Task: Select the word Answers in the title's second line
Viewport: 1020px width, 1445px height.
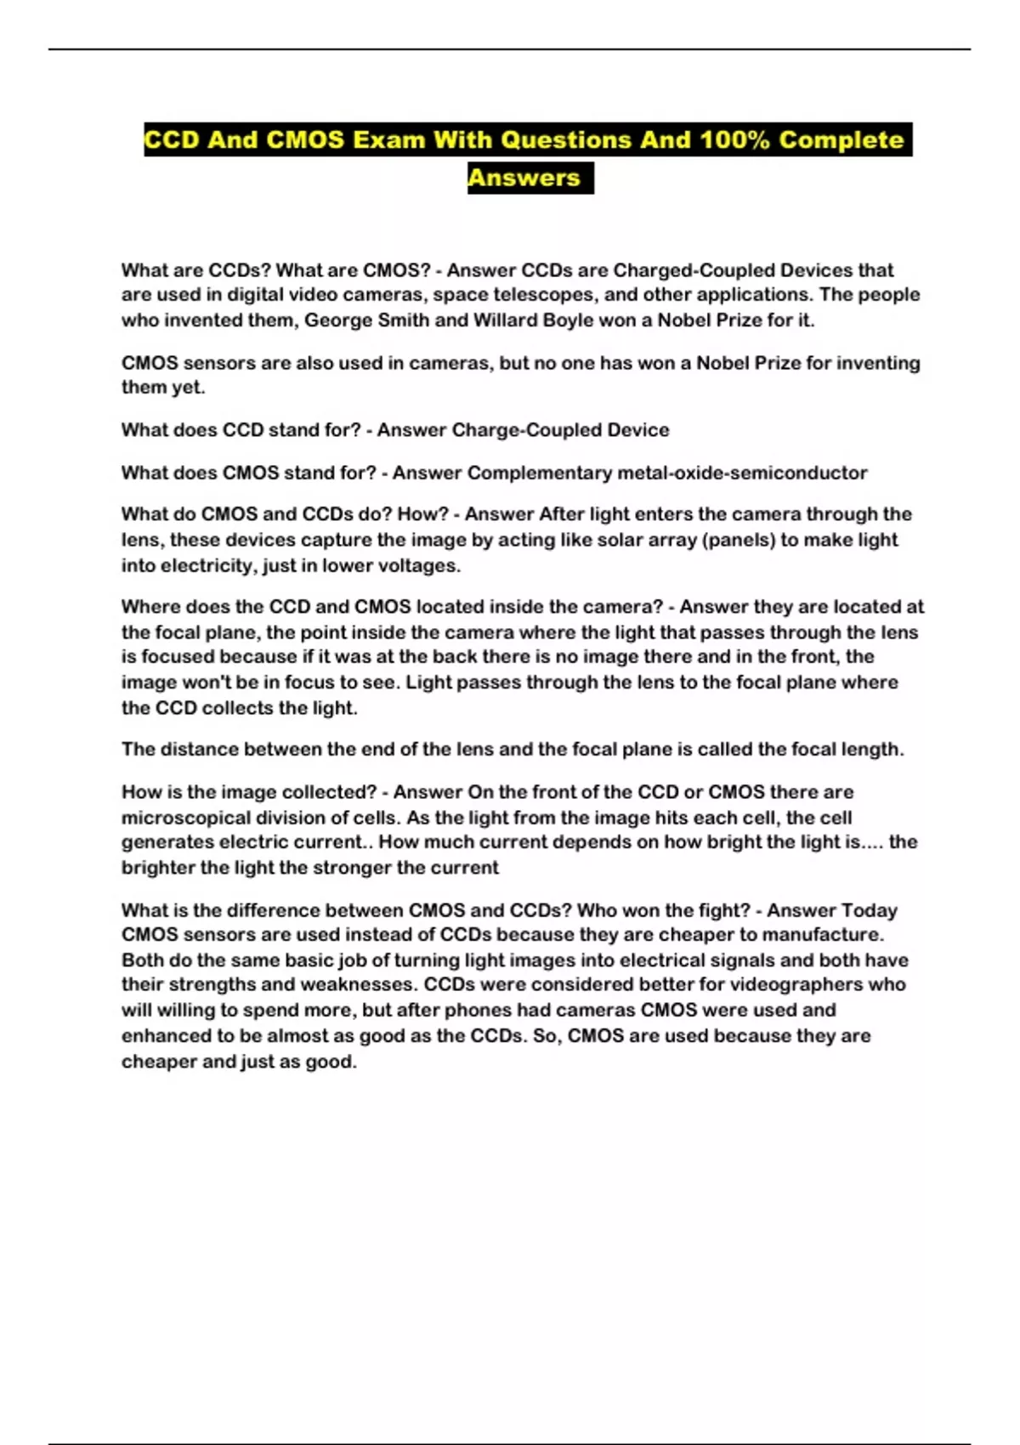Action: coord(524,178)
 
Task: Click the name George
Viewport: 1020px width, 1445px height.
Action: coord(337,320)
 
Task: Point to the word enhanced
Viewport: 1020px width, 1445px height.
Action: coord(165,1036)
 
